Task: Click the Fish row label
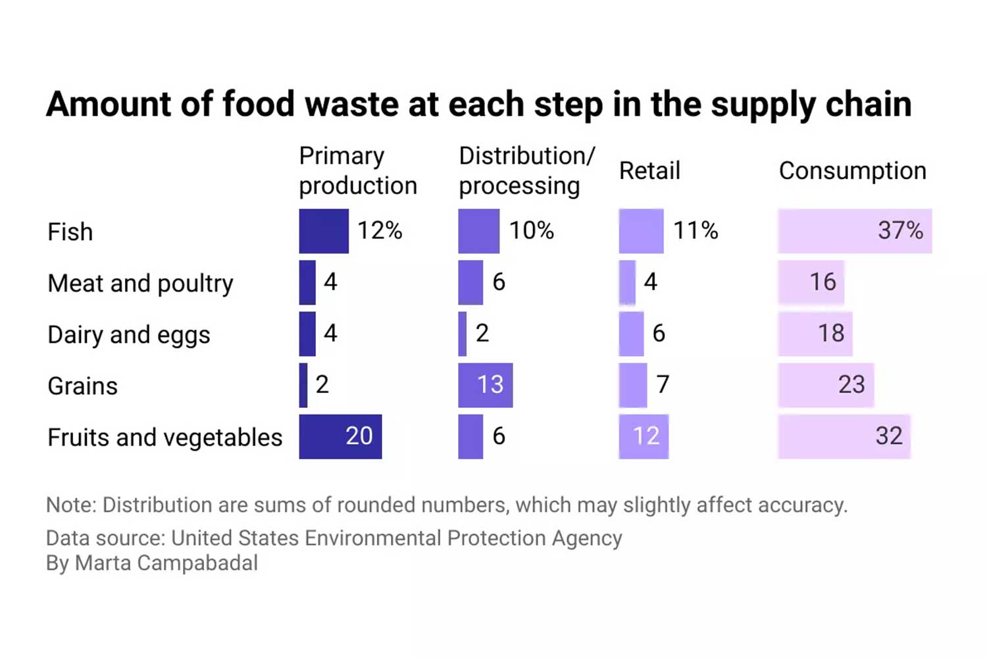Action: [x=70, y=232]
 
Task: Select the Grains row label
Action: [x=82, y=386]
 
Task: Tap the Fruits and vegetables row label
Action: [x=164, y=437]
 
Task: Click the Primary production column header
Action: [x=357, y=170]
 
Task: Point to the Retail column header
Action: [x=649, y=170]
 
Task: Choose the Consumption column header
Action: [x=852, y=170]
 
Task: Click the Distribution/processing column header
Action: [x=526, y=170]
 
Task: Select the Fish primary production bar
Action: [x=324, y=231]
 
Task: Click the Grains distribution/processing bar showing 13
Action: [x=485, y=385]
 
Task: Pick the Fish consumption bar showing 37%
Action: [x=854, y=231]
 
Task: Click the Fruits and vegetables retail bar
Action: [x=644, y=436]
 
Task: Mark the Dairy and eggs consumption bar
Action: [x=815, y=334]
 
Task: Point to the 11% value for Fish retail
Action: [x=695, y=230]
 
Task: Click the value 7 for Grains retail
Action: [x=663, y=384]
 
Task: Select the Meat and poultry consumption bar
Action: [x=811, y=282]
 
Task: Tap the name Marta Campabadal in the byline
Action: [x=166, y=563]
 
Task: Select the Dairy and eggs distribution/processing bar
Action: [x=463, y=334]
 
